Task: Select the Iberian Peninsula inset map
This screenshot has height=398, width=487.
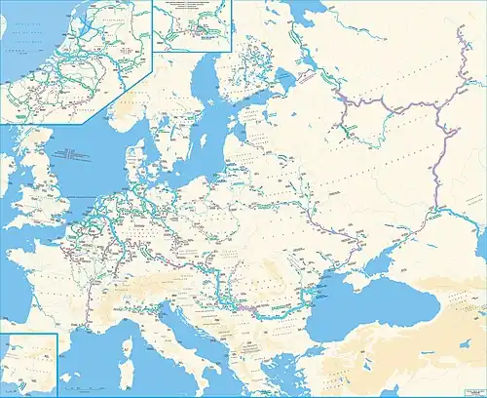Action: coord(28,365)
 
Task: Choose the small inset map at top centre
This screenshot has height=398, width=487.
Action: coord(192,25)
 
